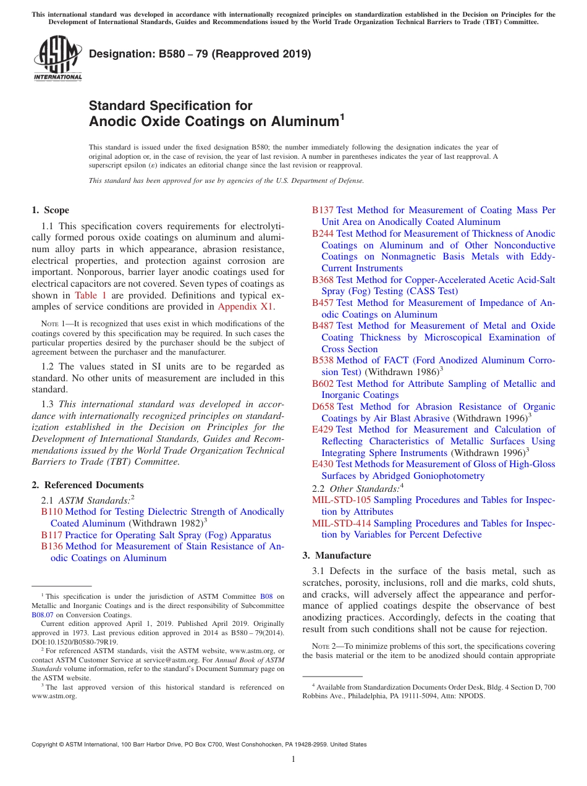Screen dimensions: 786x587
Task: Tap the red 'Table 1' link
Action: click(x=90, y=295)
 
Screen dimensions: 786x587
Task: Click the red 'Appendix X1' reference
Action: click(x=245, y=306)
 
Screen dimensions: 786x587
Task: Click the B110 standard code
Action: click(x=52, y=512)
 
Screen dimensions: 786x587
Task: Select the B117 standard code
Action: click(x=52, y=535)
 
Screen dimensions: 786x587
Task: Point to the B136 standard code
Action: click(x=52, y=546)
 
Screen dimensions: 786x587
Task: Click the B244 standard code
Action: click(x=323, y=234)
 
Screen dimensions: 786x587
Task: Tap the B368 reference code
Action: click(x=323, y=280)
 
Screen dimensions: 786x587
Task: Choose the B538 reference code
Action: click(x=323, y=360)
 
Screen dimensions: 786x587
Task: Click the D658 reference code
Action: click(x=323, y=407)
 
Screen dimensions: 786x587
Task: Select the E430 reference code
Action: click(x=323, y=464)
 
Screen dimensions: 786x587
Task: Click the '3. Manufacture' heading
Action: click(x=337, y=556)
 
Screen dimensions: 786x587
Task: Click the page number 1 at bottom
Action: click(x=293, y=759)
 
